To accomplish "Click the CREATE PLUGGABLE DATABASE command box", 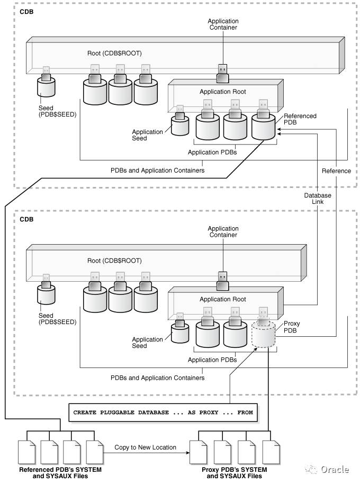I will click(163, 412).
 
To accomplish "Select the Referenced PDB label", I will click(300, 119).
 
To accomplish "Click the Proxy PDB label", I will click(292, 327).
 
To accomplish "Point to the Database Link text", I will click(318, 199).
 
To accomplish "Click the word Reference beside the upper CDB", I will click(336, 171).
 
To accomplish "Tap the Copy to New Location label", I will click(145, 447).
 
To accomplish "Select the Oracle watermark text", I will click(334, 469).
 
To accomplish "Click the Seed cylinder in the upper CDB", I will click(46, 86).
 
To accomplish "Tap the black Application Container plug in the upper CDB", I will click(223, 75).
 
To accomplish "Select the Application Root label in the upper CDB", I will click(222, 92).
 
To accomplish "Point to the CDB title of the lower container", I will click(26, 219).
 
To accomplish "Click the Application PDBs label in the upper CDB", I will click(212, 152).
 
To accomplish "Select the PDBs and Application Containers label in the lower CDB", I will click(157, 378).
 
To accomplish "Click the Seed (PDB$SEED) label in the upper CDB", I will click(57, 111).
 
